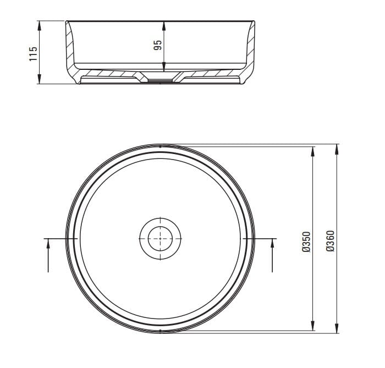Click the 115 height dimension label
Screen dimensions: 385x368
point(33,54)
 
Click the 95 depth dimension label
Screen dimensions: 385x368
point(158,45)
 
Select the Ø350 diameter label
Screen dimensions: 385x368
point(306,242)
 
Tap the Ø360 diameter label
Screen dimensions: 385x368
point(331,241)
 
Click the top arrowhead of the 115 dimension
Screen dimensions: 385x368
point(39,25)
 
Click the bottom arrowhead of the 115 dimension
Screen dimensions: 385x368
point(39,79)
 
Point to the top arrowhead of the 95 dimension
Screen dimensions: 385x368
point(164,26)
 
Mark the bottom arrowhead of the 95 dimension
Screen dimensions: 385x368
point(164,67)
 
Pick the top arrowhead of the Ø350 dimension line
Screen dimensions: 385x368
point(312,151)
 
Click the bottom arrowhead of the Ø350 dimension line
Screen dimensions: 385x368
point(312,326)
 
